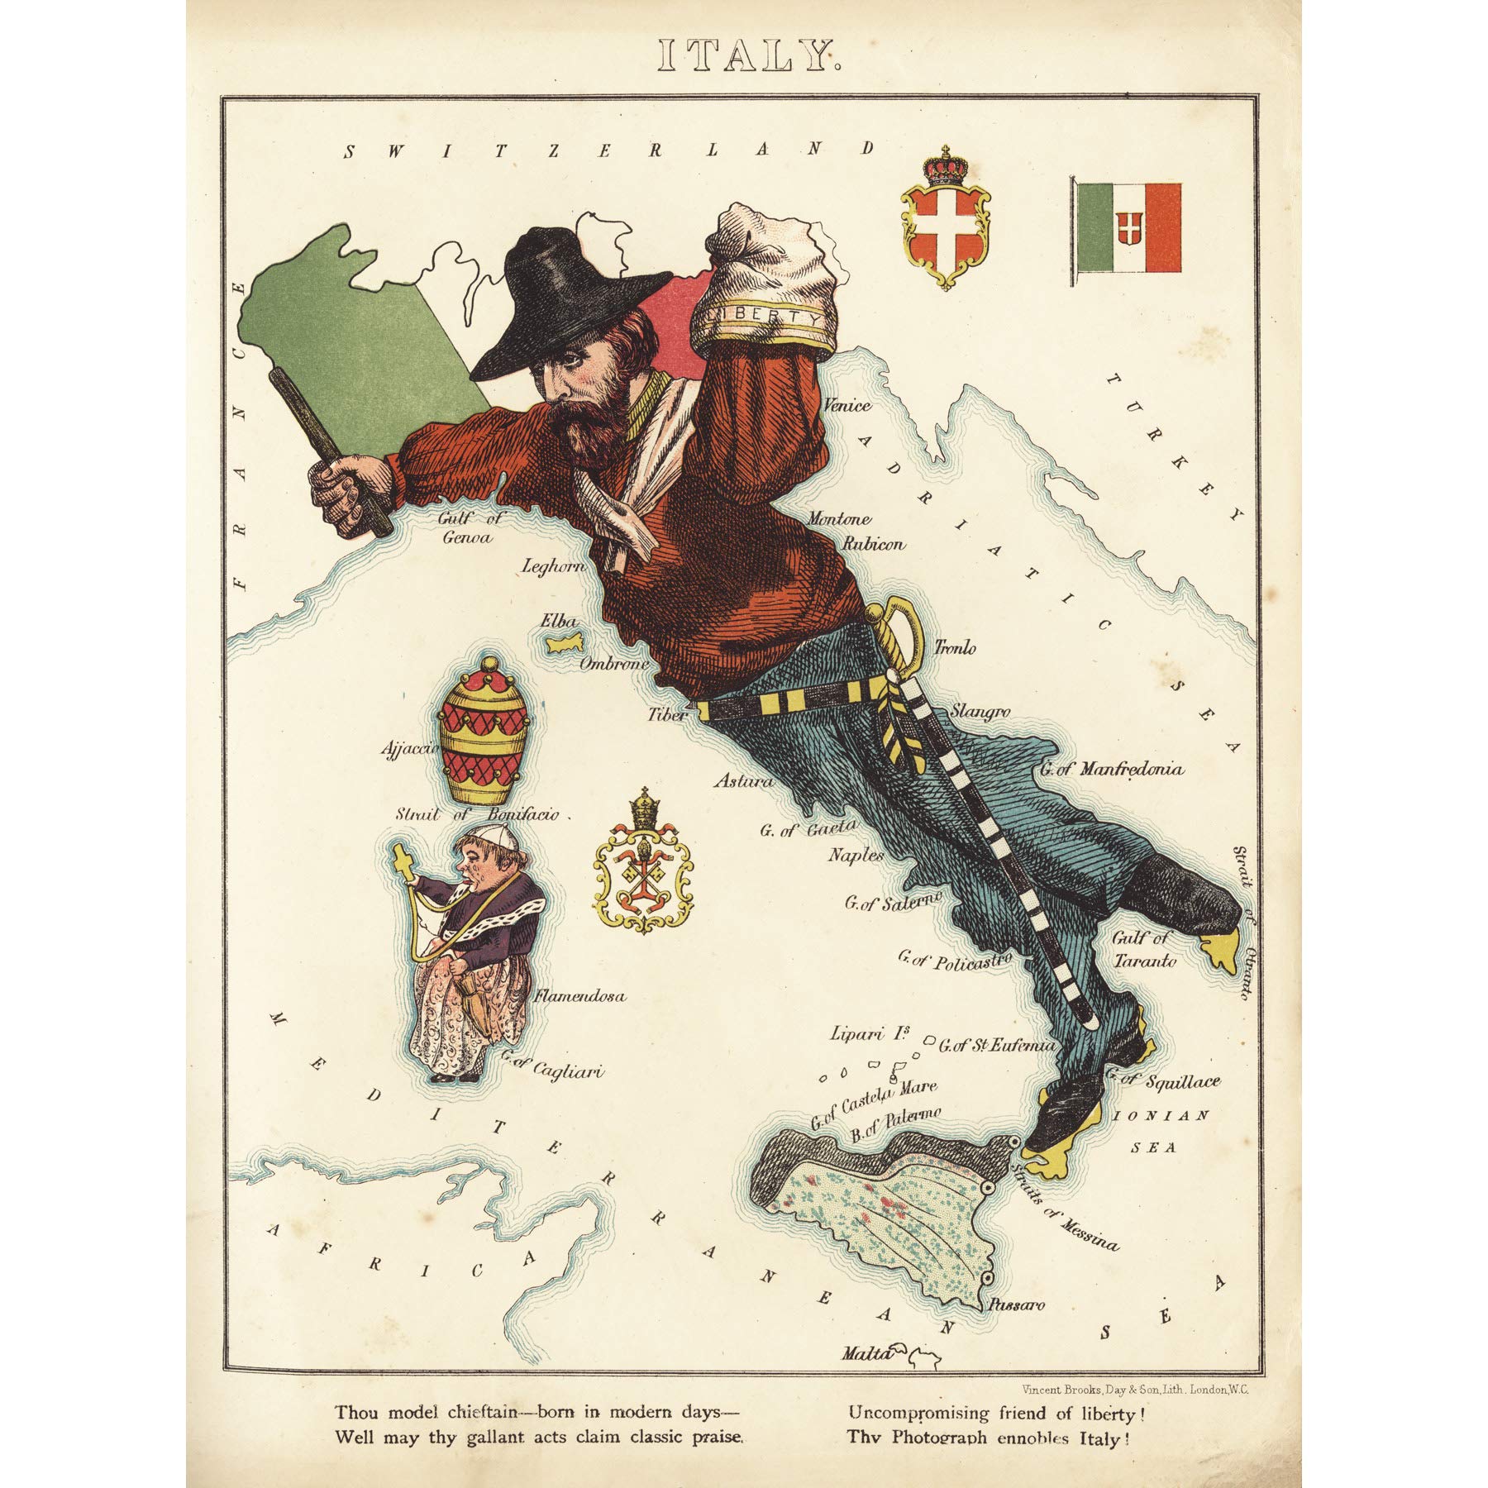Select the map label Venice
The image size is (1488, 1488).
coord(847,405)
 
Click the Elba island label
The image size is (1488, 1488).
coord(558,621)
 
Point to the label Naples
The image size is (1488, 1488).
coord(856,856)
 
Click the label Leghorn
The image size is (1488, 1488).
coord(554,566)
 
